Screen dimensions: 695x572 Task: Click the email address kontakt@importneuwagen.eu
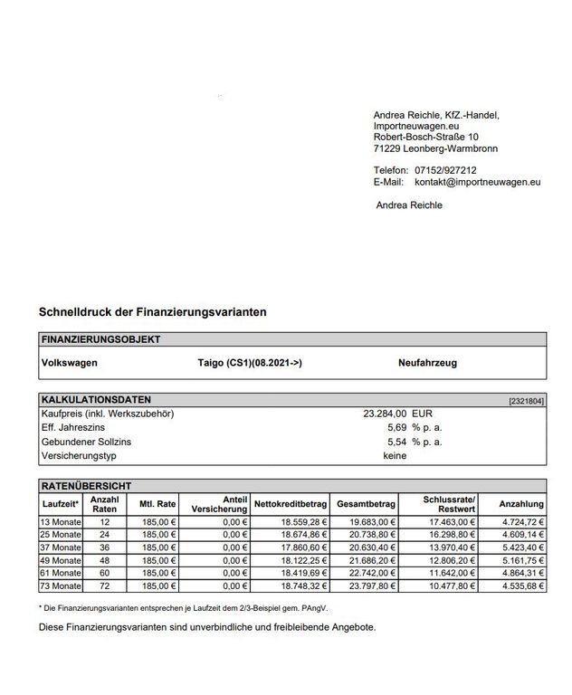[477, 182]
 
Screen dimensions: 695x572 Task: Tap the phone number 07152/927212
[445, 170]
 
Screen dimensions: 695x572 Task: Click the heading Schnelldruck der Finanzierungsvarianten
[152, 311]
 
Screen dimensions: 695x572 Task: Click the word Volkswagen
[70, 363]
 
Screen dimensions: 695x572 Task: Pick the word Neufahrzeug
[427, 363]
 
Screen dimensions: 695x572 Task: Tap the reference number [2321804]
[527, 400]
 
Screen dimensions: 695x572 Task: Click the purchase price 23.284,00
[385, 413]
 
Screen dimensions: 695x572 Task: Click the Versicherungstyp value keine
[395, 456]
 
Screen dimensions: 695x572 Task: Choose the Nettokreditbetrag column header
[289, 503]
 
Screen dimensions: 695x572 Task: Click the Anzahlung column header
[521, 503]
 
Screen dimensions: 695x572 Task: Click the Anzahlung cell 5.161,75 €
[520, 560]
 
